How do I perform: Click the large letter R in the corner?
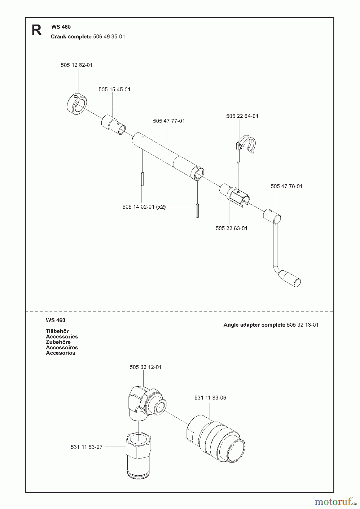37,30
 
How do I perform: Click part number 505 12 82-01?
76,65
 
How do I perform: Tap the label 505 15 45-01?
114,90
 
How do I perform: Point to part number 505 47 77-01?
169,121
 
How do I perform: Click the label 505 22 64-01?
242,116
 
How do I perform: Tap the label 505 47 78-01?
286,186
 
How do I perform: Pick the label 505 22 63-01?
231,228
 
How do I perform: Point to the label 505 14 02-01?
138,207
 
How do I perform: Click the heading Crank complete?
71,37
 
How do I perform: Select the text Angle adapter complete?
254,325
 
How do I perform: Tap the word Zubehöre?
58,342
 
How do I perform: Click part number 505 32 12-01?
145,367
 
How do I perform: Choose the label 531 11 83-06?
210,398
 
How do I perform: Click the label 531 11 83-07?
86,447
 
